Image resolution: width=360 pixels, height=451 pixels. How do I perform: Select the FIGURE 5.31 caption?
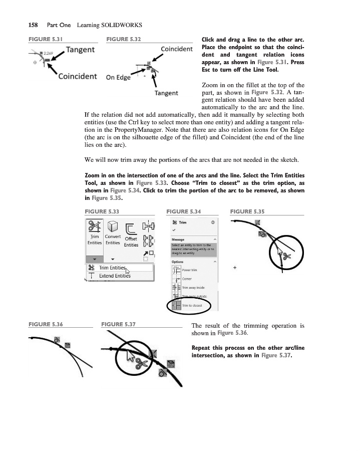click(x=45, y=39)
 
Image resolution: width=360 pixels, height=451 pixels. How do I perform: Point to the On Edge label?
click(x=118, y=77)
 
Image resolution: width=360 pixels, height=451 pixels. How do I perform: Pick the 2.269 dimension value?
click(x=49, y=53)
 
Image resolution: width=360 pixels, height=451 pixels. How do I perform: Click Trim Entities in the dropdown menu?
click(x=112, y=268)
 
